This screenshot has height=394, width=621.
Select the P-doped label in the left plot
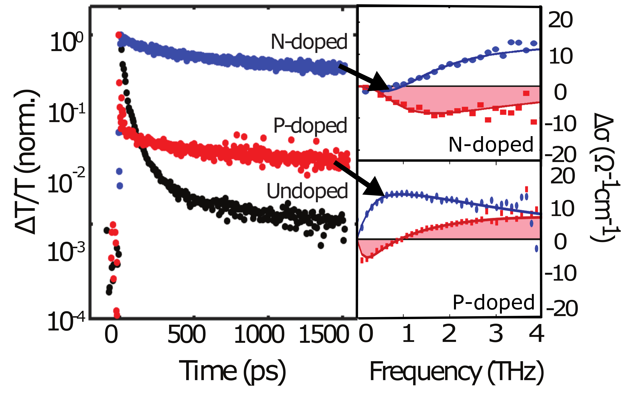310,126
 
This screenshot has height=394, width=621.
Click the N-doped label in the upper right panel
491,145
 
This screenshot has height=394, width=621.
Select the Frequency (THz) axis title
457,372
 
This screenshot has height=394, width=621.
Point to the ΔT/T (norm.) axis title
27,163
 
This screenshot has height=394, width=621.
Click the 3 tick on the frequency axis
496,334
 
